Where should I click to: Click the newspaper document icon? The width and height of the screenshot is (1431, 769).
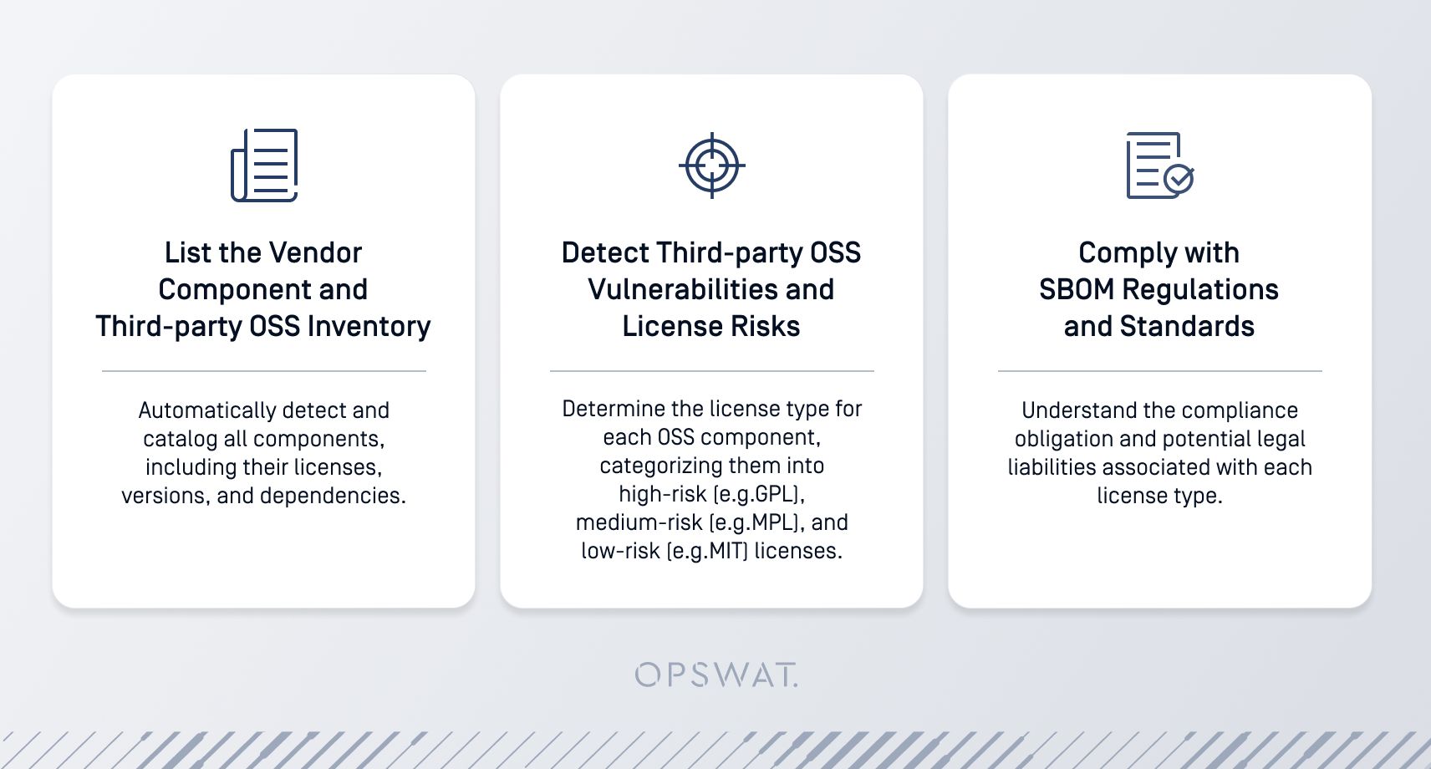264,166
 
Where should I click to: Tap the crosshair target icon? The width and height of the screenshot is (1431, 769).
711,166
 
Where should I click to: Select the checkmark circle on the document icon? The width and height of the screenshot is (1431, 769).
1179,179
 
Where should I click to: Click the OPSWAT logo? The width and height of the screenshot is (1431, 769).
716,675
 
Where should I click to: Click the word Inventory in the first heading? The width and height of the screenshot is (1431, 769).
369,326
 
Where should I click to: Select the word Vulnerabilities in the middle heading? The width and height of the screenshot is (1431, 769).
680,289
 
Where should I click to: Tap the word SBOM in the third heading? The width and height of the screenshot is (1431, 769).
1077,289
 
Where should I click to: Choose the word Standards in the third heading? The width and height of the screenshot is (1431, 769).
1187,326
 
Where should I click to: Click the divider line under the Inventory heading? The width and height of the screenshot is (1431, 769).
264,370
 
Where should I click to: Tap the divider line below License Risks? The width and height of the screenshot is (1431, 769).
711,370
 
